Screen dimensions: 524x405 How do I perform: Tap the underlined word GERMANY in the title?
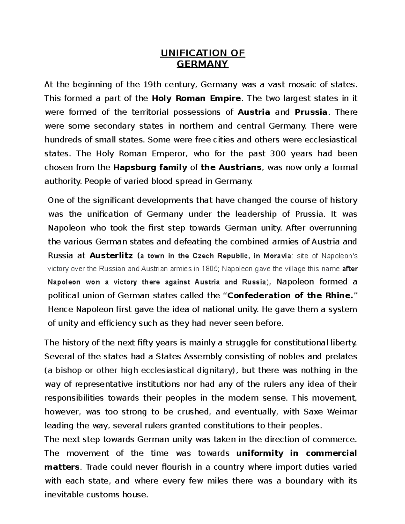[203, 64]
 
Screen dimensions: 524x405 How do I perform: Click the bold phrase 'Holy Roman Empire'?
[197, 98]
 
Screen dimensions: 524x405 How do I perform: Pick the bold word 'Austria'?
[254, 112]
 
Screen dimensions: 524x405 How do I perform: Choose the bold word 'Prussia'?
[311, 112]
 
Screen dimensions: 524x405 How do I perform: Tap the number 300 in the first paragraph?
[278, 154]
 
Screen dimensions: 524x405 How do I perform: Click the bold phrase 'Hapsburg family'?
[150, 167]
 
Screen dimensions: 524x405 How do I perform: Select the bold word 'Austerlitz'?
[111, 255]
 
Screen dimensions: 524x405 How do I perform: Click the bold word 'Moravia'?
[276, 255]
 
